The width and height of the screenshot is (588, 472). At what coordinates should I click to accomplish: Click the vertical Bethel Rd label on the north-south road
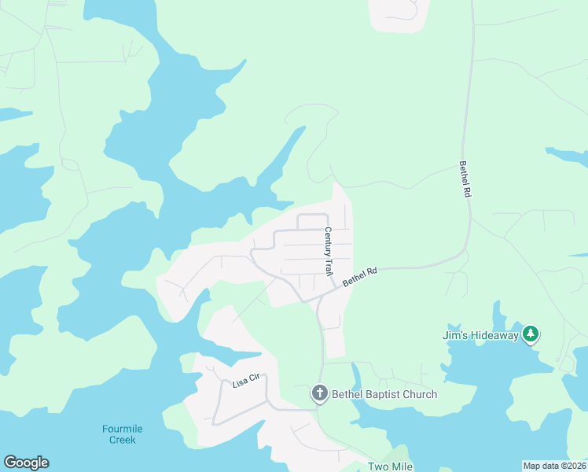pos(465,179)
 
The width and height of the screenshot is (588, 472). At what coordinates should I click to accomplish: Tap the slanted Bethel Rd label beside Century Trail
pos(360,276)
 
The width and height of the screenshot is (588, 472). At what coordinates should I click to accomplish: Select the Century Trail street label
pos(329,251)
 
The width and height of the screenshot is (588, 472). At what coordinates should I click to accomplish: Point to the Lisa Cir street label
pos(245,384)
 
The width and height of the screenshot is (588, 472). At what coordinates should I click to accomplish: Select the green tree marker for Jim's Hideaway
pos(531,334)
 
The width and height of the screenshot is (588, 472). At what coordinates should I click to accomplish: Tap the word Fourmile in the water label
pos(122,429)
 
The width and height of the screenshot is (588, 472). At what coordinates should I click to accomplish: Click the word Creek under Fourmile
pos(122,440)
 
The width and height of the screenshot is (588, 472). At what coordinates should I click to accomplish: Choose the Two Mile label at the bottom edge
pos(390,466)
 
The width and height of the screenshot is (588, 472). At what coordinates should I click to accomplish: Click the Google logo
pos(26,463)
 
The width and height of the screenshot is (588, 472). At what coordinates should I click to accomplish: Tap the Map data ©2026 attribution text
pos(554,466)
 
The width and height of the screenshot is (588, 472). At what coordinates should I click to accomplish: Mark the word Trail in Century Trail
pos(329,266)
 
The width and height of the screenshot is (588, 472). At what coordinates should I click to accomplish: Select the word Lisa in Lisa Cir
pos(239,385)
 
